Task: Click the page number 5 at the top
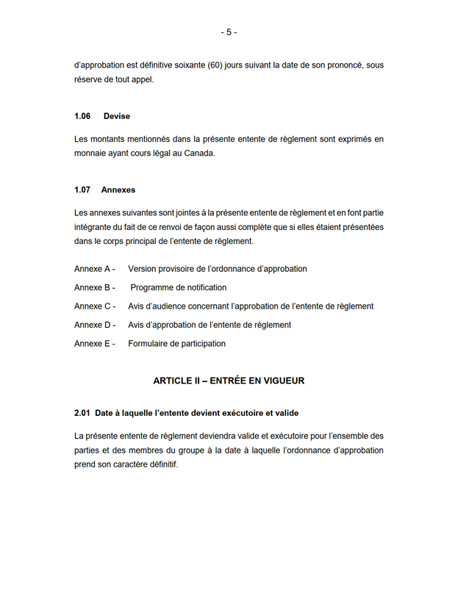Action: (229, 32)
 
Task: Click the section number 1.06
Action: (82, 117)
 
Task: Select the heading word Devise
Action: (117, 117)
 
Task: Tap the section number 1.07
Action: (82, 190)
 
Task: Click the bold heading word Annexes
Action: (118, 190)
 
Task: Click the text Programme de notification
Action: (179, 288)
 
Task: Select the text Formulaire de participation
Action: (176, 344)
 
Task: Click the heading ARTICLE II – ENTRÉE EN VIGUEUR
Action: (229, 381)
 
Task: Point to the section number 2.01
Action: (82, 413)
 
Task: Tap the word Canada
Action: (200, 154)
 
